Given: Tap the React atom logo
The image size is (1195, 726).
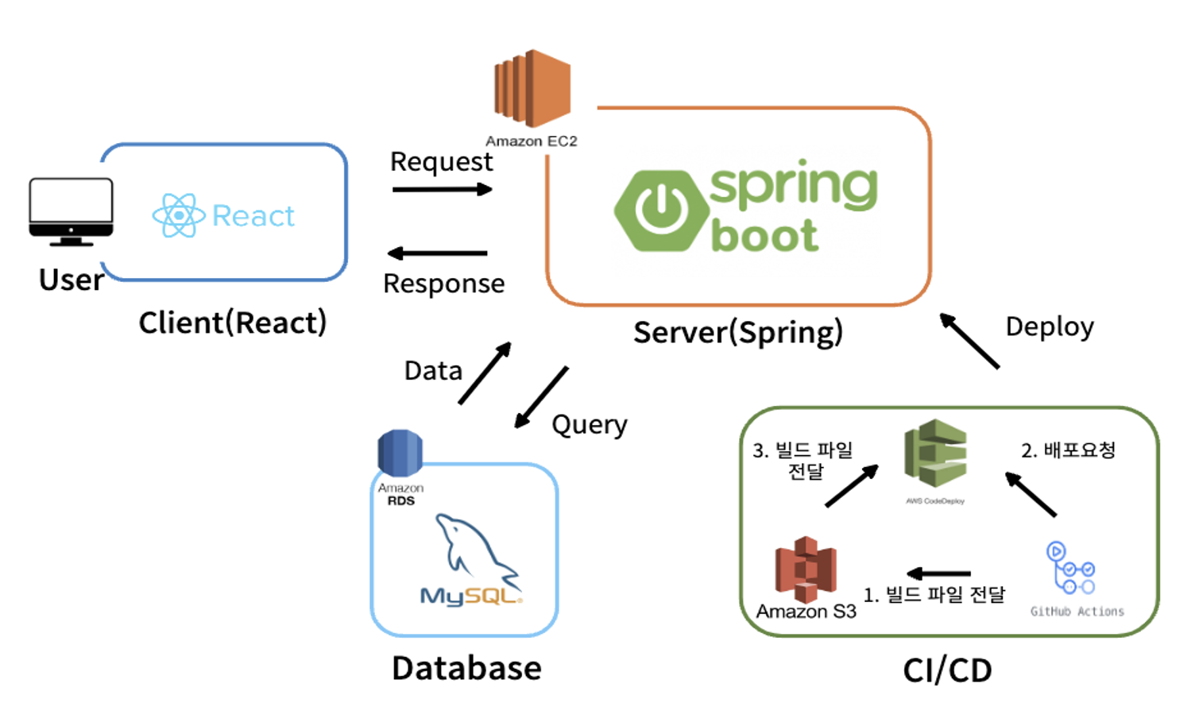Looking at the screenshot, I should [179, 215].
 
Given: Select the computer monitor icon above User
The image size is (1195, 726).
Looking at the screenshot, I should [71, 211].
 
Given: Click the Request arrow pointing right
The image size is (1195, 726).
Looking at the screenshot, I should [442, 189].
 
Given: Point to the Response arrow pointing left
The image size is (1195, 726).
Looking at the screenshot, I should [437, 253].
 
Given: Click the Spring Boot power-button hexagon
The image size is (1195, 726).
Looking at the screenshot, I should [661, 210].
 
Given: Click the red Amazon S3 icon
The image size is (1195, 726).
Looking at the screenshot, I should [806, 569].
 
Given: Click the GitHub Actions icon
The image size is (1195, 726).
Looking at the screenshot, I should [1071, 569].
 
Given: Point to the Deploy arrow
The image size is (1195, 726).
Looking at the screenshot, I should [969, 341].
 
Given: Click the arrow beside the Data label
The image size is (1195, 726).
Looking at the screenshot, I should [485, 373].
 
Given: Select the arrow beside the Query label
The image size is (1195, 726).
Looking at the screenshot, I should [541, 397].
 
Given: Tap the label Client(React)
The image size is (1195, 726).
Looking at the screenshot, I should [233, 322].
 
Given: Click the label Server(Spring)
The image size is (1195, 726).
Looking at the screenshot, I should [737, 332].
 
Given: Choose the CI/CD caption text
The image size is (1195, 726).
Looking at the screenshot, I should [947, 670].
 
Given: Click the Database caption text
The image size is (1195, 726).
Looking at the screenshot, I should [466, 668].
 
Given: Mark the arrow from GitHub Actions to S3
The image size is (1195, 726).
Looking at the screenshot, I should [938, 573].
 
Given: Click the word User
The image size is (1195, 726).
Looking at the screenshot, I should [71, 280].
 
